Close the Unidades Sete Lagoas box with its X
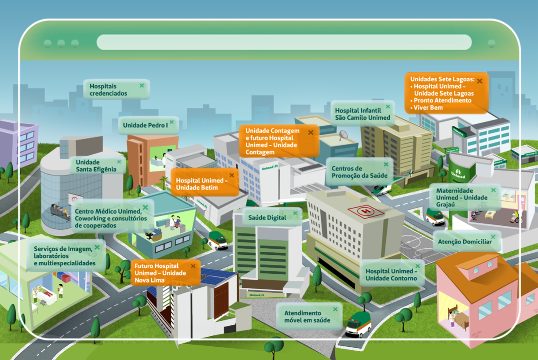479,81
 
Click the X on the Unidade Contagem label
311,132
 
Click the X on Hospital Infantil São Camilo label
388,107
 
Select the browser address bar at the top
284,43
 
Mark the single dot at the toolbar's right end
491,43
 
